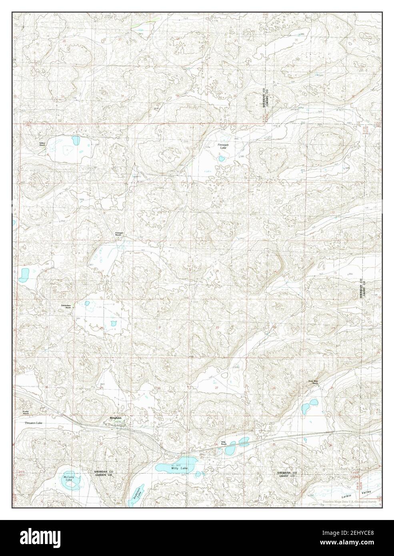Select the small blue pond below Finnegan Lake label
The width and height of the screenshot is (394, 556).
(221, 159)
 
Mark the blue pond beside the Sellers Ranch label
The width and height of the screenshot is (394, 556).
(75, 141)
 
